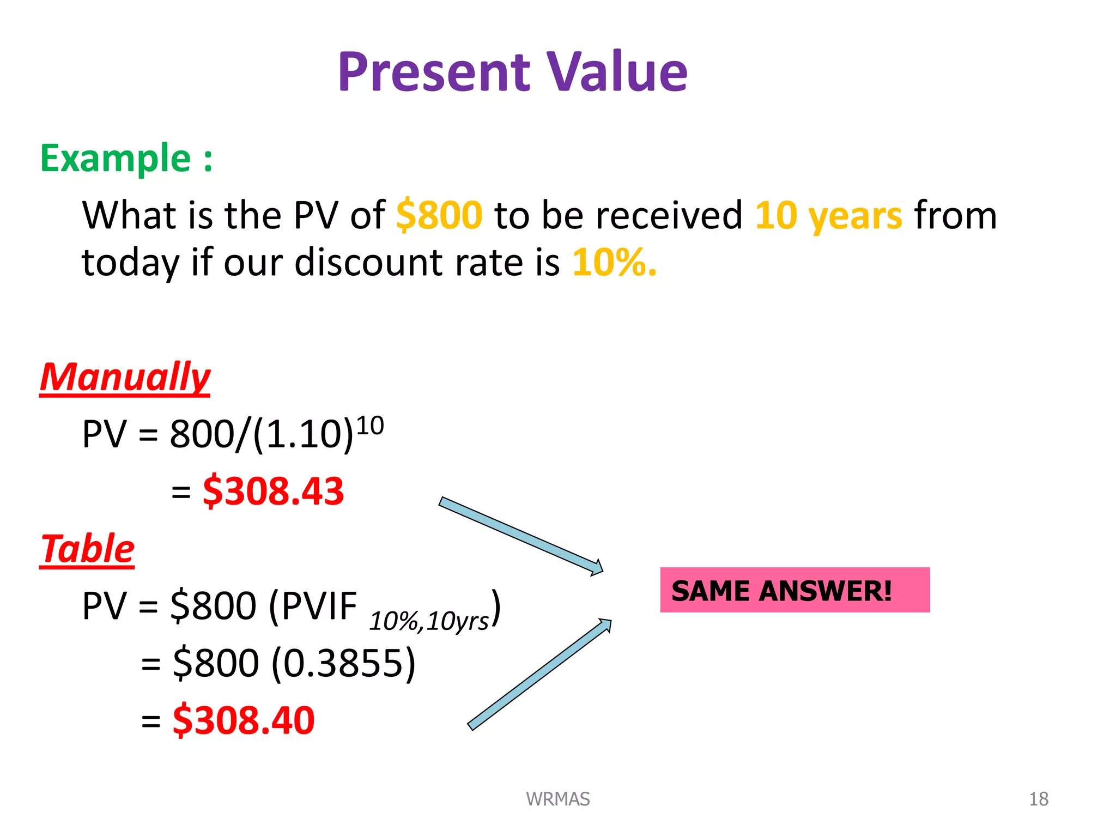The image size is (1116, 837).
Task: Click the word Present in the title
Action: pos(434,72)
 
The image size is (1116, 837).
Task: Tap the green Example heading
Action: pos(126,158)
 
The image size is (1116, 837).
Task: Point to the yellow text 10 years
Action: pos(828,216)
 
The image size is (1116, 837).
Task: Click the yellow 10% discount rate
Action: pos(614,263)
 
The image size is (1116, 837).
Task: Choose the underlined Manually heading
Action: pos(125,377)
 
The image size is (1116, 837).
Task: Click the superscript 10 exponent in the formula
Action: pos(371,426)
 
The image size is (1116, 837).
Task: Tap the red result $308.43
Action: pos(274,491)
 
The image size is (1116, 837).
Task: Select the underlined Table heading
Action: pos(87,549)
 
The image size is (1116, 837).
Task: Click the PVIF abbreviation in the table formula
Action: pos(313,606)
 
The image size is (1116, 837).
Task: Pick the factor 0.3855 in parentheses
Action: pos(343,663)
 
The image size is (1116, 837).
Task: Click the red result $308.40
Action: pos(244,720)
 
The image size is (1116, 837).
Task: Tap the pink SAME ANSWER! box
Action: pos(794,590)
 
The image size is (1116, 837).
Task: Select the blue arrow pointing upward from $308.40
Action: pos(539,674)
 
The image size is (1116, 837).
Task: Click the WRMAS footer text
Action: pos(557,799)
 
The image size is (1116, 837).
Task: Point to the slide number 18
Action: pos(1038,799)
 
